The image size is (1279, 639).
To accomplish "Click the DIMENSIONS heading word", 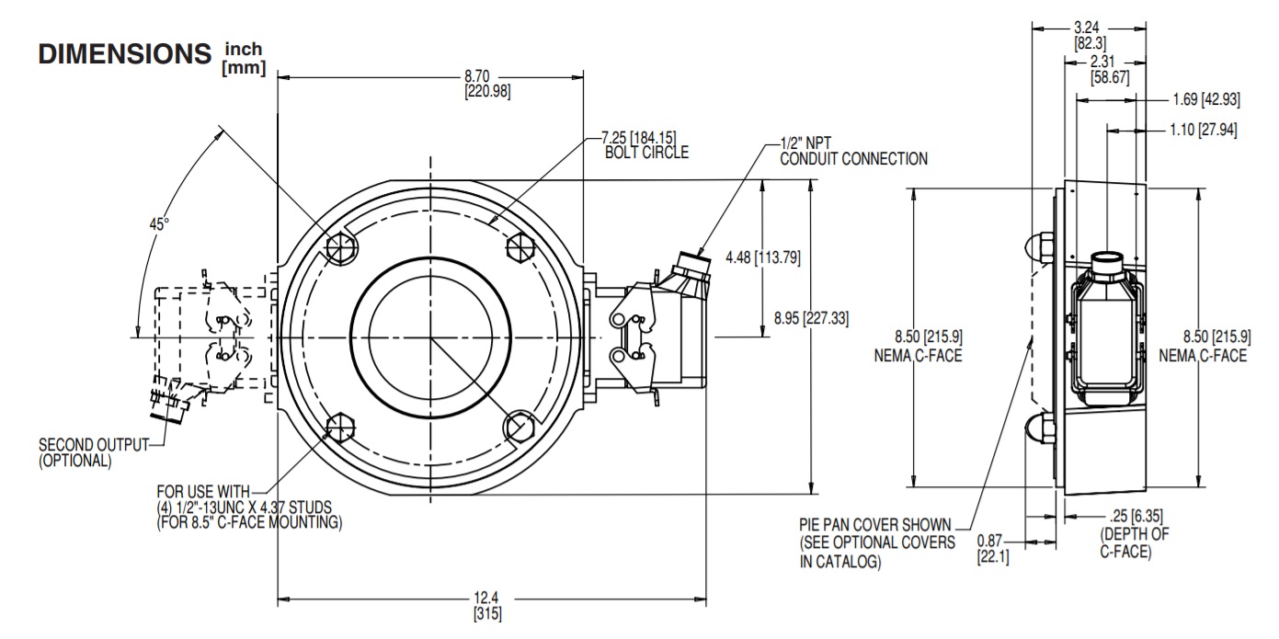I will tap(125, 54).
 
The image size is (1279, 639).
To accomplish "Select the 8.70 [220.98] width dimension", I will tap(490, 83).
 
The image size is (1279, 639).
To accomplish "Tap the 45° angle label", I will tap(159, 223).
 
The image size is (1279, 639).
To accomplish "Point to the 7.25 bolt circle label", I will tap(645, 144).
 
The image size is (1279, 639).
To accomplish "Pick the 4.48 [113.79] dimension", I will tap(762, 258).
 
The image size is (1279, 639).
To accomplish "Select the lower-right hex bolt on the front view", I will tap(520, 427).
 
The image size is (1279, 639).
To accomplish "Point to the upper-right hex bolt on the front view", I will tap(520, 247).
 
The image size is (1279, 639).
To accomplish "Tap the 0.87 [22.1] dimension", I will tap(993, 549).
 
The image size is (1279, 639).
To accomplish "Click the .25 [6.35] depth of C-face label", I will tap(1134, 532).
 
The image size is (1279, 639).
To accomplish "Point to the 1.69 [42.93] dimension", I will tap(1205, 98).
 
